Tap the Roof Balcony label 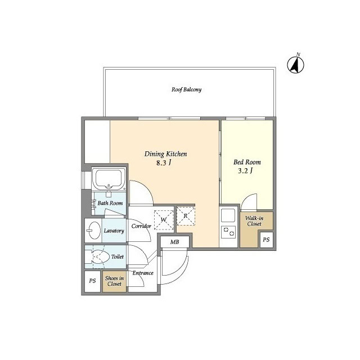pyautogui.click(x=186, y=89)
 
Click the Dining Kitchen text pyautogui.click(x=165, y=154)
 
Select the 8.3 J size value pyautogui.click(x=164, y=163)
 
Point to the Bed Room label pyautogui.click(x=247, y=162)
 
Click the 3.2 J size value pyautogui.click(x=246, y=172)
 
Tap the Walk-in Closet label pyautogui.click(x=254, y=220)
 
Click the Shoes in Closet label pyautogui.click(x=114, y=281)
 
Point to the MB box pyautogui.click(x=168, y=242)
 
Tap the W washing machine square pyautogui.click(x=164, y=220)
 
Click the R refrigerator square pyautogui.click(x=185, y=216)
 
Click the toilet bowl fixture pyautogui.click(x=98, y=256)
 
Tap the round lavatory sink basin pyautogui.click(x=92, y=231)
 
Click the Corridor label pyautogui.click(x=141, y=226)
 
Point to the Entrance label pyautogui.click(x=143, y=273)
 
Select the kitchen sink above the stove pyautogui.click(x=228, y=215)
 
